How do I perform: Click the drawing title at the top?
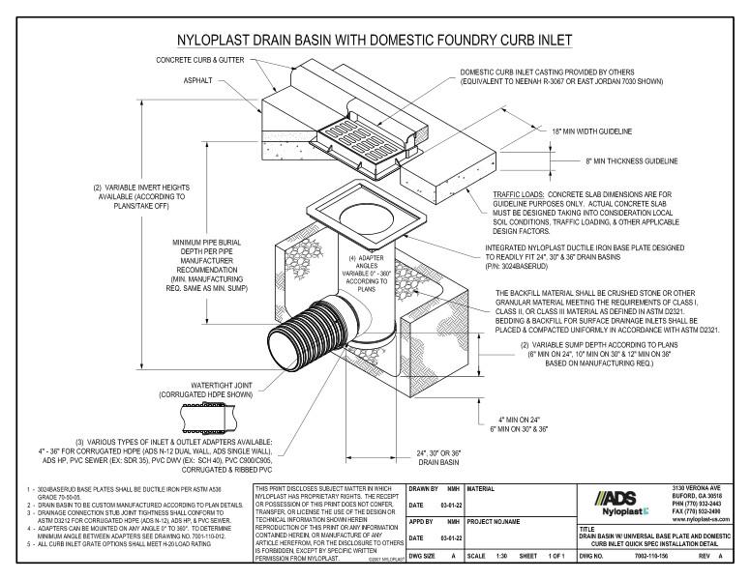pyautogui.click(x=375, y=40)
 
